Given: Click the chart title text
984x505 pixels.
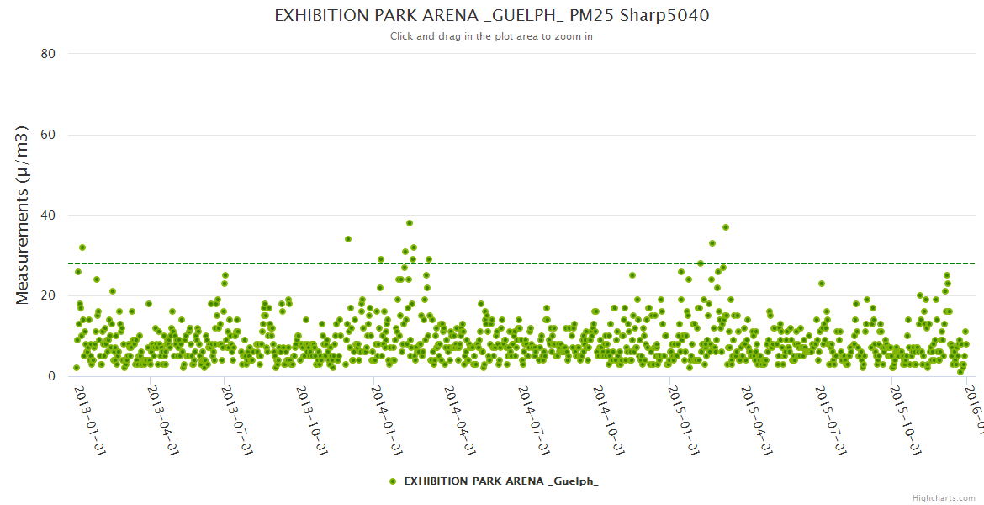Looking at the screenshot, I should coord(492,16).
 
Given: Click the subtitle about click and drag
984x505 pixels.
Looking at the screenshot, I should coord(492,36).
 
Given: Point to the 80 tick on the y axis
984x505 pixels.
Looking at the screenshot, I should coord(48,54).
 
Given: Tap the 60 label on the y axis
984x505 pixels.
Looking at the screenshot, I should coord(48,135).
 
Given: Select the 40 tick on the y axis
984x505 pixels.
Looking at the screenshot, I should coord(48,215).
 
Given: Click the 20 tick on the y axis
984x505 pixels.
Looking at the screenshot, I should coord(48,295).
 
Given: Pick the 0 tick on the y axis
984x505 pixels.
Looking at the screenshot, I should coord(51,376).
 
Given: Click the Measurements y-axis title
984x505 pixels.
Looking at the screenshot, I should coord(23,215).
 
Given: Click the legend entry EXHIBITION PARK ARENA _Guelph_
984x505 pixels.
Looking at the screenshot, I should coord(501,481).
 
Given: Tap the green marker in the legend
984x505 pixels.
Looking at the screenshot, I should coord(393,481).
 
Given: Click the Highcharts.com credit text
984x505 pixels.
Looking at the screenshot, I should coord(944,497).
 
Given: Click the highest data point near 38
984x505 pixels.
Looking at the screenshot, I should coord(410,223).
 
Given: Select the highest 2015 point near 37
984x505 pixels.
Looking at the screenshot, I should coord(725,227).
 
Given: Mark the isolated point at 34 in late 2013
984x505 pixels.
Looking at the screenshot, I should coord(348,239).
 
